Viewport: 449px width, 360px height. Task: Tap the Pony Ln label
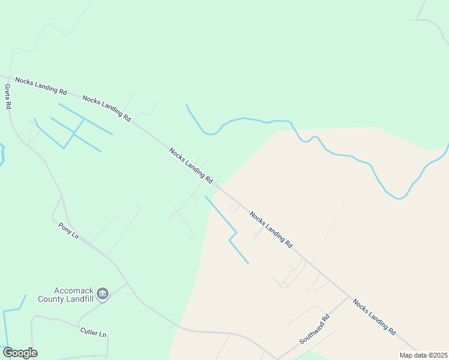click(68, 230)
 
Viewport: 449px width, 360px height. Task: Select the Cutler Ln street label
click(93, 332)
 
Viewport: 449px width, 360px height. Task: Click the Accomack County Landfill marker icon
click(103, 293)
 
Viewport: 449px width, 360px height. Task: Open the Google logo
click(19, 353)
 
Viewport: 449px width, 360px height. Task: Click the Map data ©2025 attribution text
click(423, 355)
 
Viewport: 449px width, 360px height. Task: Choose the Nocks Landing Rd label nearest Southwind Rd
click(374, 317)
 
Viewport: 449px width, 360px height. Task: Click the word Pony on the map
click(65, 227)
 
